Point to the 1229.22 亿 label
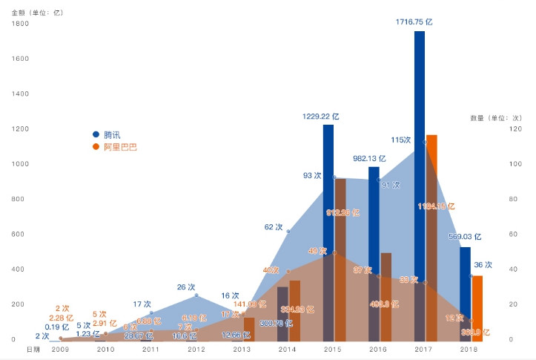pyautogui.click(x=321, y=116)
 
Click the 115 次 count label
pyautogui.click(x=401, y=140)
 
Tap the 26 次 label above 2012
pyautogui.click(x=187, y=287)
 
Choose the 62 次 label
pyautogui.click(x=274, y=227)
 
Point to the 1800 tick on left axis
pyautogui.click(x=20, y=24)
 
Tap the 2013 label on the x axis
pyautogui.click(x=242, y=348)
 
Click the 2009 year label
pyautogui.click(x=60, y=348)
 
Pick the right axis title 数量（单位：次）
pyautogui.click(x=496, y=118)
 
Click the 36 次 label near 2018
pyautogui.click(x=483, y=265)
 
